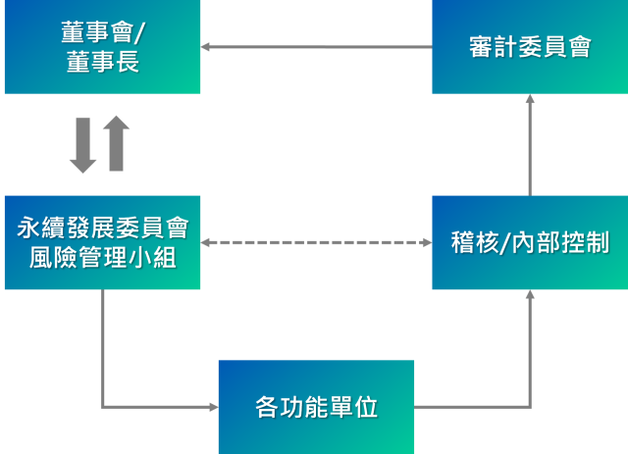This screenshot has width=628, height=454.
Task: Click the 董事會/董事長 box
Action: pyautogui.click(x=102, y=47)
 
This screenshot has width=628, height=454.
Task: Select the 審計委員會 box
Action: pyautogui.click(x=530, y=47)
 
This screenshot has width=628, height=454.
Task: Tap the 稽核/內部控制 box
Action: pyautogui.click(x=530, y=242)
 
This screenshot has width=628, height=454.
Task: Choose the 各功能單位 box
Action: pyautogui.click(x=316, y=407)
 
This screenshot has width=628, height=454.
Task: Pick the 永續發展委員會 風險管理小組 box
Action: pyautogui.click(x=102, y=242)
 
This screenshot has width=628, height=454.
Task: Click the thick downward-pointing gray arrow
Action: pyautogui.click(x=82, y=145)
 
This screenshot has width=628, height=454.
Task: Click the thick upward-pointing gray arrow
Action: pyautogui.click(x=116, y=143)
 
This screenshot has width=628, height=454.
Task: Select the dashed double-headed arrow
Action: pyautogui.click(x=316, y=242)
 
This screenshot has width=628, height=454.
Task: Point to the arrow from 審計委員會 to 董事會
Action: pyautogui.click(x=316, y=46)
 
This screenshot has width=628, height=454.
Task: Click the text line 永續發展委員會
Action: pyautogui.click(x=102, y=228)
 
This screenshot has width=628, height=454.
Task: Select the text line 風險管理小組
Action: pyautogui.click(x=102, y=259)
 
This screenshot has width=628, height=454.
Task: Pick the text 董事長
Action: pyautogui.click(x=102, y=64)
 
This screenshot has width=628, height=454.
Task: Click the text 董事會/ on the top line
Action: pyautogui.click(x=102, y=32)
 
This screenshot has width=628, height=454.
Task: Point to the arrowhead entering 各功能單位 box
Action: pyautogui.click(x=213, y=407)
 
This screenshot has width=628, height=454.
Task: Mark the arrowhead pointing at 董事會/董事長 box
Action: pyautogui.click(x=206, y=46)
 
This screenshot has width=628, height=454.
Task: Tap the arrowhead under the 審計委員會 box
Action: pyautogui.click(x=530, y=99)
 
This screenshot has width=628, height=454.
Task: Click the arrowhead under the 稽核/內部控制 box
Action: pyautogui.click(x=530, y=294)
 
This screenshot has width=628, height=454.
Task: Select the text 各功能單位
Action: pyautogui.click(x=316, y=407)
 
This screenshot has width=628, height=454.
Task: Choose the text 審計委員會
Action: pyautogui.click(x=530, y=47)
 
